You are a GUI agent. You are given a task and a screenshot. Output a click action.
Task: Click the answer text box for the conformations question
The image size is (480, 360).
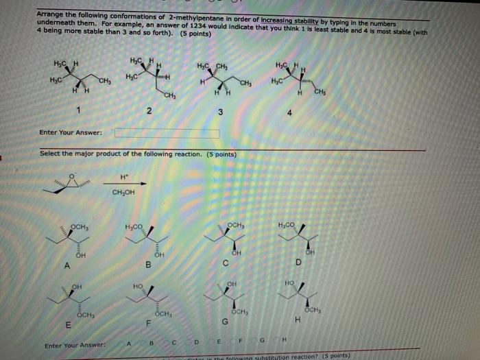pos(167,132)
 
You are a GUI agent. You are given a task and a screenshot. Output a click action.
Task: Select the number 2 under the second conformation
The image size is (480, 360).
pos(149,110)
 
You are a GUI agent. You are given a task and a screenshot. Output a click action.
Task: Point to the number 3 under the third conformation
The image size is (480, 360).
pos(219,112)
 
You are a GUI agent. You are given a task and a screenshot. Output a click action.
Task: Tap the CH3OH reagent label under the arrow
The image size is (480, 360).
pos(123,192)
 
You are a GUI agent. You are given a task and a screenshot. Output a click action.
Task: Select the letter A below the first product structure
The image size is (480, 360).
pos(67,266)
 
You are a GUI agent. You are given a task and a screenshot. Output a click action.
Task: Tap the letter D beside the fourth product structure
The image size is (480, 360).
pos(297,262)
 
